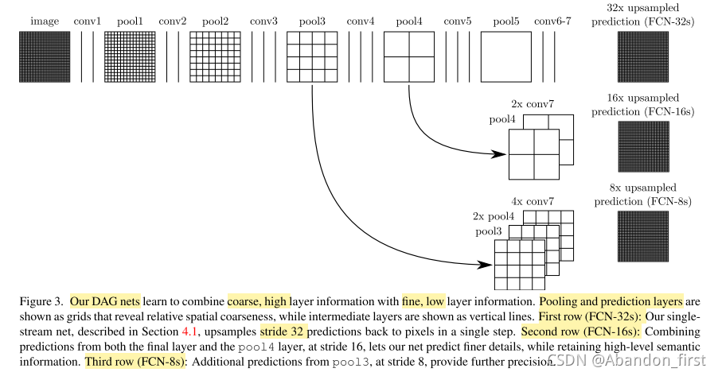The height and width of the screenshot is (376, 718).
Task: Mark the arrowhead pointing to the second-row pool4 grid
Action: click(x=500, y=154)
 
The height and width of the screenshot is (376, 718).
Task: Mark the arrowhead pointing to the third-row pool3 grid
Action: click(x=486, y=263)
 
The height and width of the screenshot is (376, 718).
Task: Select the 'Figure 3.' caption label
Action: click(x=37, y=302)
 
